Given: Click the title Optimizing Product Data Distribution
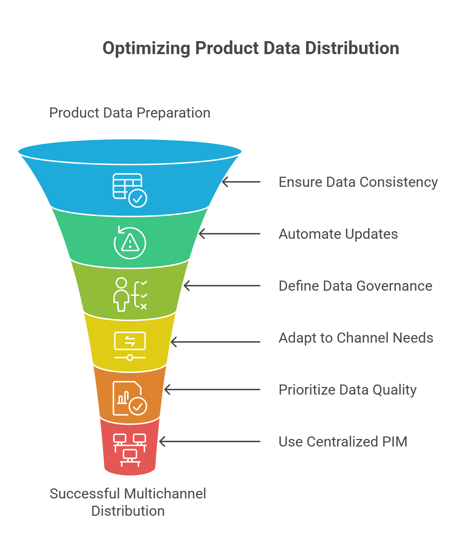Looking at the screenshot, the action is point(251,48).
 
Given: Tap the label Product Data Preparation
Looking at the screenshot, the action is point(129,113).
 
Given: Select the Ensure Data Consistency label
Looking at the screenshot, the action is point(358,182).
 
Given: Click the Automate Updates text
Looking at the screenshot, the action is point(338,234).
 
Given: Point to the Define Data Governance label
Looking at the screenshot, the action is point(355,286).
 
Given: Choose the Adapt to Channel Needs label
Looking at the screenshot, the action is point(356,338).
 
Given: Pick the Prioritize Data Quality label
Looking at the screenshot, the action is point(347,390).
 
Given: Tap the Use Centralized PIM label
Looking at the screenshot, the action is point(343,442).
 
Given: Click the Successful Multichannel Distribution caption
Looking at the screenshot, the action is point(128,502).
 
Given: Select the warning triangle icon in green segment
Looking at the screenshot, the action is point(130,242).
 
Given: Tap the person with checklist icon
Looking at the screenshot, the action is point(130,294).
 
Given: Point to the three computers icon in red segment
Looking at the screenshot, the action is point(130,450).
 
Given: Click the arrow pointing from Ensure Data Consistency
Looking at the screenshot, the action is point(241,182).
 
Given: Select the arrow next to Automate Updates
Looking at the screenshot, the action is point(229,234).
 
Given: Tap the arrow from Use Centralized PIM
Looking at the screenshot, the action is point(209,441).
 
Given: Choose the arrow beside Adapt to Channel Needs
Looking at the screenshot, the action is point(215,342).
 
